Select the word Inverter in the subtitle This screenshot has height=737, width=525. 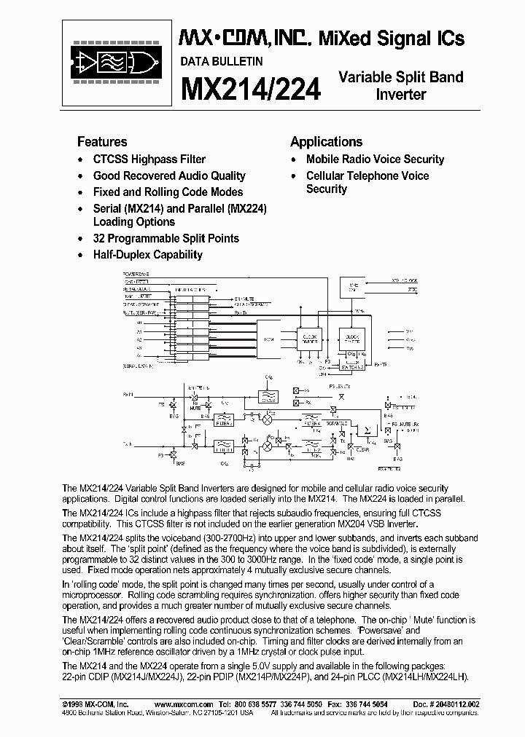[x=400, y=95]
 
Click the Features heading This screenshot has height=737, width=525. [x=102, y=142]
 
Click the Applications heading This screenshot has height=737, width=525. [x=326, y=142]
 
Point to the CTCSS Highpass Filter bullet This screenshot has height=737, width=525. [x=149, y=159]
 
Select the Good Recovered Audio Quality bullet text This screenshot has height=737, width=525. [x=169, y=176]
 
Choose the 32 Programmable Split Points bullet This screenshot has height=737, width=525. [x=166, y=238]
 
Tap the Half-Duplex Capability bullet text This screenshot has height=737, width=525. [x=147, y=255]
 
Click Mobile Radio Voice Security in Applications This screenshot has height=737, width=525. [x=375, y=159]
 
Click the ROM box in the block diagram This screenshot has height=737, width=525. [x=269, y=339]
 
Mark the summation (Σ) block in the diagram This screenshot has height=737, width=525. [x=367, y=430]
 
